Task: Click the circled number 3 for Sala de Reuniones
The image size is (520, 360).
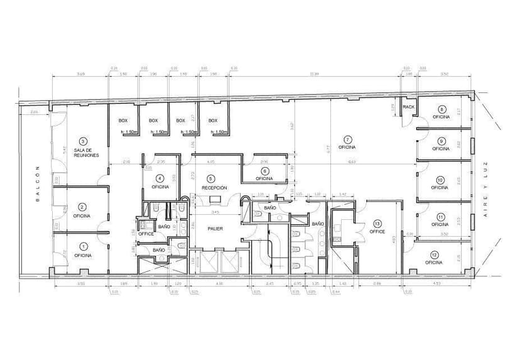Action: click(83, 142)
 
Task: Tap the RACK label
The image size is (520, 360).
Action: click(409, 107)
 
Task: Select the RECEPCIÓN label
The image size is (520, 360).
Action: click(214, 188)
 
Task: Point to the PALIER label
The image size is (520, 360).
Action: click(215, 228)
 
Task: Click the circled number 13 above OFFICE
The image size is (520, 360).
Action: click(377, 223)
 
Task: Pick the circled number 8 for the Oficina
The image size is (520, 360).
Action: click(442, 109)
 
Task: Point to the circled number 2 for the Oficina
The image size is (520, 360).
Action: click(82, 207)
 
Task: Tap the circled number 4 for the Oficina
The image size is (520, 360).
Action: click(160, 178)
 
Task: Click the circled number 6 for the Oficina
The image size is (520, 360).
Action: click(264, 171)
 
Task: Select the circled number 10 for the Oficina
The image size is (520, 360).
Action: click(441, 180)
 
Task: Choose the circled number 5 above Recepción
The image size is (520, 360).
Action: click(211, 178)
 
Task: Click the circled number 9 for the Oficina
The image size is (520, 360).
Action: click(442, 141)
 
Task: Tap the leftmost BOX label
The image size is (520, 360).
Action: click(123, 120)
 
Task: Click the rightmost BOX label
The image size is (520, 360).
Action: click(213, 120)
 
